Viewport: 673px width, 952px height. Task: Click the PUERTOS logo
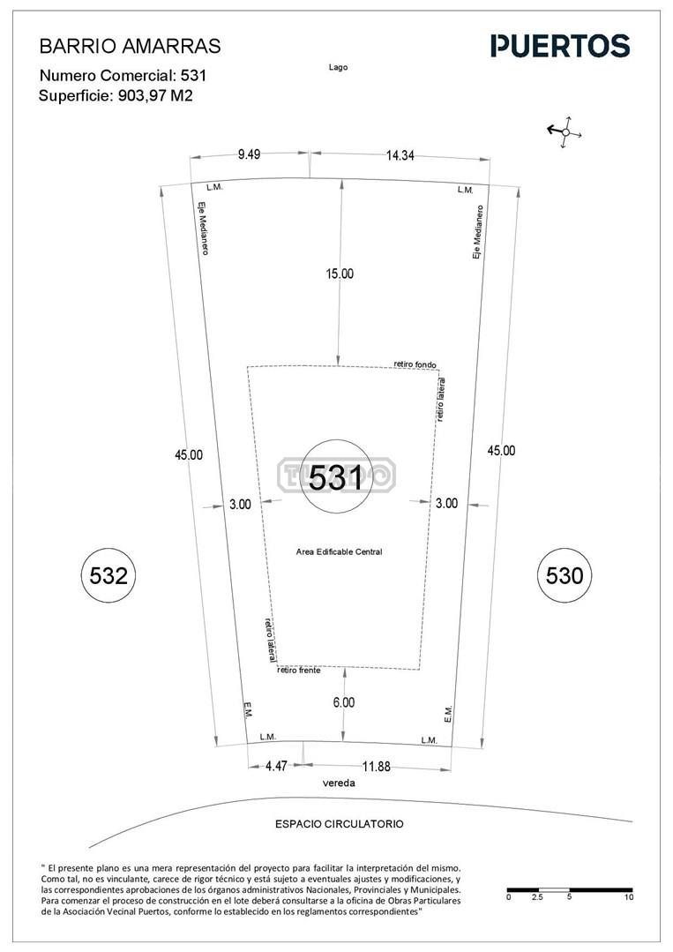tap(560, 46)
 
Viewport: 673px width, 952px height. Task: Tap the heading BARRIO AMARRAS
tap(130, 46)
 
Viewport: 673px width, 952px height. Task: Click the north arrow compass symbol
tap(565, 131)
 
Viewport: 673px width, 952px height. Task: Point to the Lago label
tap(338, 67)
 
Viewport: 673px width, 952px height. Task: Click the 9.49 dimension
tap(249, 154)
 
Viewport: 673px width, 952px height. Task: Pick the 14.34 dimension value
tap(400, 155)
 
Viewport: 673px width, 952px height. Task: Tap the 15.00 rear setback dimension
tap(340, 274)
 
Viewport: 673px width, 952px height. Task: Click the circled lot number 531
tap(335, 476)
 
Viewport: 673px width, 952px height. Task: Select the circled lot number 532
tap(108, 575)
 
